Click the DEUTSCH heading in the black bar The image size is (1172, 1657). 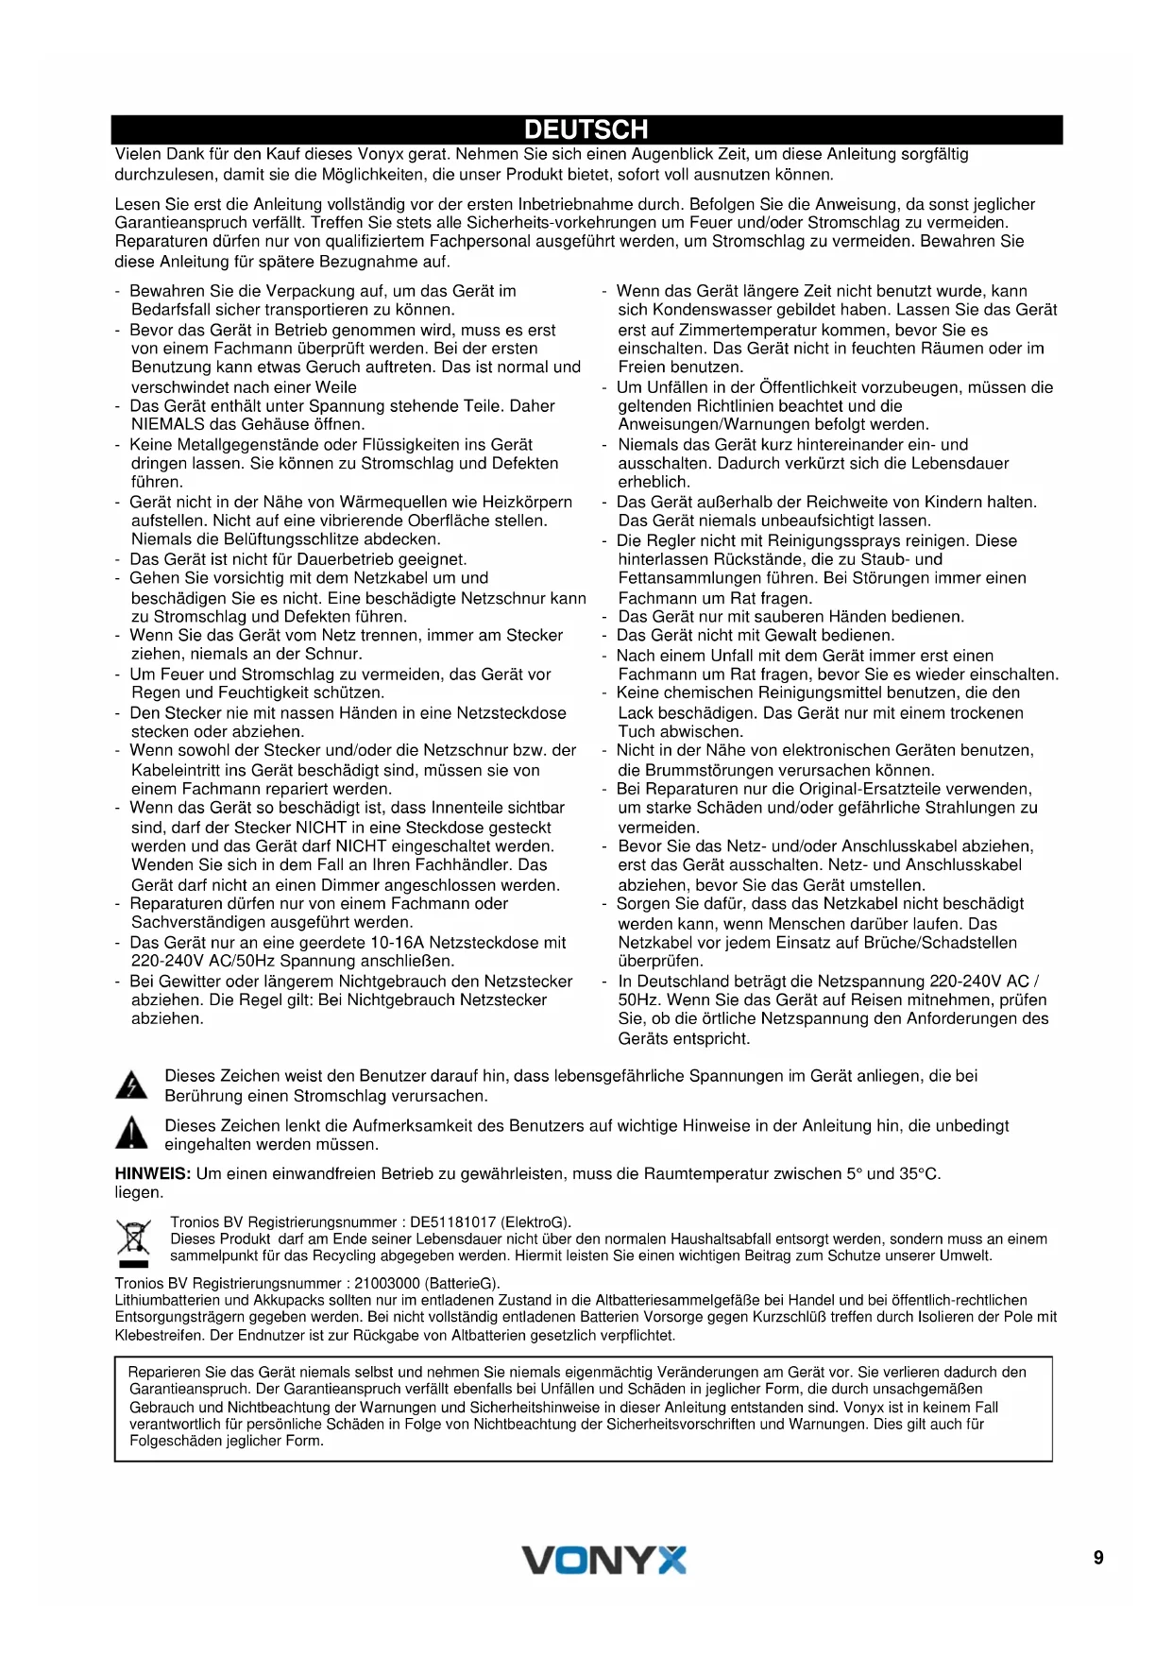click(586, 129)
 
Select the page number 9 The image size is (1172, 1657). click(1098, 1558)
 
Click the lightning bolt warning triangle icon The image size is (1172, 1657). click(131, 1085)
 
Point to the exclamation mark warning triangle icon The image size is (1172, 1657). click(131, 1133)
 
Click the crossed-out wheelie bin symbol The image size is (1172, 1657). click(133, 1241)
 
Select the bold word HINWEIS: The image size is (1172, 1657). click(153, 1173)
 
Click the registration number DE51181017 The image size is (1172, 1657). click(453, 1221)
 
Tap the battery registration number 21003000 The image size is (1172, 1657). click(387, 1283)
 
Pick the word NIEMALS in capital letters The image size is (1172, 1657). click(167, 424)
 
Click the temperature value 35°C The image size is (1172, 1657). click(919, 1173)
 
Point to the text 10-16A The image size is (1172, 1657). click(398, 942)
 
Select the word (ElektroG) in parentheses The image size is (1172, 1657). click(536, 1221)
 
